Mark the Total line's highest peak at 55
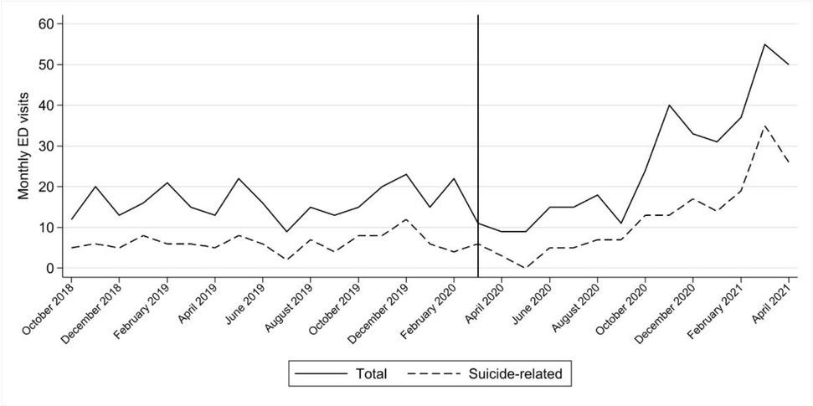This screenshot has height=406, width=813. coord(764,44)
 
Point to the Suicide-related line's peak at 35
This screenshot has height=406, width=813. coord(764,126)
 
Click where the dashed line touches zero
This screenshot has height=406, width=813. coord(526,268)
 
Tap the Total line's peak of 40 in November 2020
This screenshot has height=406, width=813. coord(669,105)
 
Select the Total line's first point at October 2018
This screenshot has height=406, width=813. coord(71,219)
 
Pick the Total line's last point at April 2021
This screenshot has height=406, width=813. coord(789,64)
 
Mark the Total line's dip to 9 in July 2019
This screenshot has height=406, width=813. coord(286,231)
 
